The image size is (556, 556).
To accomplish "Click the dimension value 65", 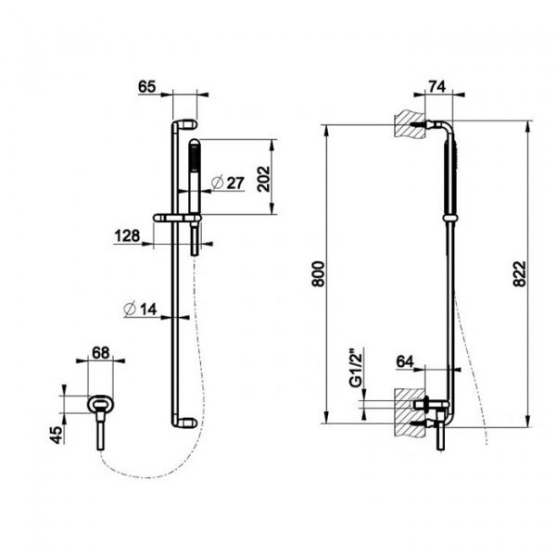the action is [147, 86].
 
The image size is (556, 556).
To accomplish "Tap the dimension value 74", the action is [436, 86].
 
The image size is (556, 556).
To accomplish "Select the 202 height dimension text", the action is [263, 179].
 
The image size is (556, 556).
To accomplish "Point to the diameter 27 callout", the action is [228, 183].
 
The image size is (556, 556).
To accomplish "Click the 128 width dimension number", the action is [127, 235].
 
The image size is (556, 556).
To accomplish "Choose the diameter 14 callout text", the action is [141, 310].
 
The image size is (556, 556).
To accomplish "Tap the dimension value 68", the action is [101, 353].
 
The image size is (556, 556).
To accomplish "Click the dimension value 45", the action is [56, 435].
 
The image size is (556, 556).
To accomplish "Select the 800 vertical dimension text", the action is [318, 273].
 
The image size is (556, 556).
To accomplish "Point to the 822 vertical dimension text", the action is [519, 273].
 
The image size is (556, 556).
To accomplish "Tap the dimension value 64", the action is [405, 361].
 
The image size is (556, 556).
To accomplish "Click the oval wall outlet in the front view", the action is [101, 404].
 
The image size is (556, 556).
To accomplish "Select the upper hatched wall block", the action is [410, 126].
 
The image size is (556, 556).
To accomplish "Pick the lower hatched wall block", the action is [410, 412].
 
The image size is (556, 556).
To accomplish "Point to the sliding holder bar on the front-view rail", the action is [177, 218].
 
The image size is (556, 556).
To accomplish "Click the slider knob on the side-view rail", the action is [449, 218].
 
